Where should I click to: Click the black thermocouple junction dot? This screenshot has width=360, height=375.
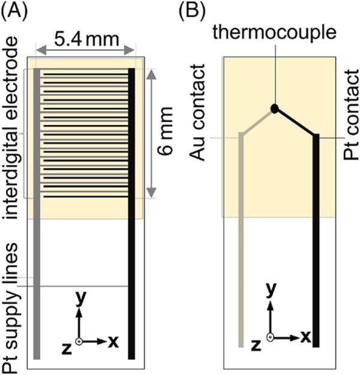click(274, 109)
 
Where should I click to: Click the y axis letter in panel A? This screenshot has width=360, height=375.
click(79, 299)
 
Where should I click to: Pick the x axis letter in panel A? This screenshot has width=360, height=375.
click(113, 341)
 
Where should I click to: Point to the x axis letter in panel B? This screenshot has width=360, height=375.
click(306, 337)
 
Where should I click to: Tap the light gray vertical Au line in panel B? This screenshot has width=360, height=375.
click(241, 252)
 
